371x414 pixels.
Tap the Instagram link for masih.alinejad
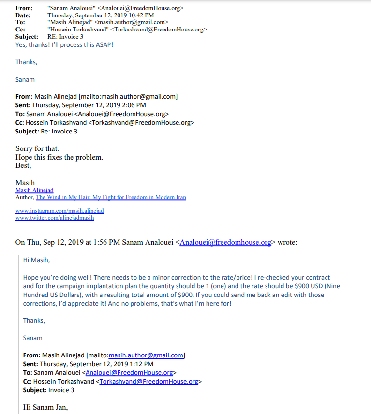(59, 211)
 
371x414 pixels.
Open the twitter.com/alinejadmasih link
(55, 218)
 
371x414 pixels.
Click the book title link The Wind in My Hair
(111, 197)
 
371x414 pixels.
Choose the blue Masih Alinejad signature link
(34, 191)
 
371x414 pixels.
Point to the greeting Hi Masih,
(36, 260)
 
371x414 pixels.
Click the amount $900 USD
(303, 286)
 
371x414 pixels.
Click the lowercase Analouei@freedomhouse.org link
(225, 242)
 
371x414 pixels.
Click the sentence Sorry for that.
(37, 148)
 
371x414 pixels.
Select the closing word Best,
(23, 165)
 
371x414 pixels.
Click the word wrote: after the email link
(286, 242)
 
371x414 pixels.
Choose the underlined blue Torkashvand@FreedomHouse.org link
(149, 381)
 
